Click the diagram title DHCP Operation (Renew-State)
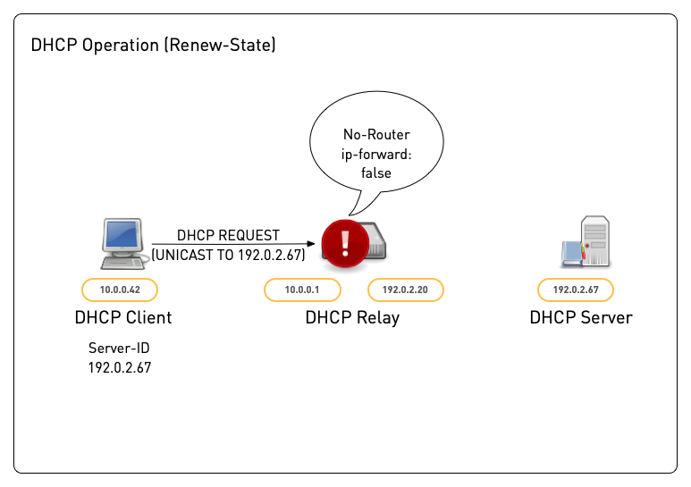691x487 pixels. coord(153,46)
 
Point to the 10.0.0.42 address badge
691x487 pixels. coord(119,290)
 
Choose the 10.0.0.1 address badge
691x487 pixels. coord(301,290)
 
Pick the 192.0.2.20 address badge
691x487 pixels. coord(406,290)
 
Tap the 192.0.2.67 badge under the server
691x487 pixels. coord(576,290)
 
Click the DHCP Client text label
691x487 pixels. coord(123,317)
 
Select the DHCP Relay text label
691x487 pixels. coord(352,317)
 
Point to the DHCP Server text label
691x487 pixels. coord(580,317)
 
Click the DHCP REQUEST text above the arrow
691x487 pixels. coord(228,236)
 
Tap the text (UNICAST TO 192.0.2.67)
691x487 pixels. coord(229,255)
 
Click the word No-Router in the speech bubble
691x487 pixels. coord(376,136)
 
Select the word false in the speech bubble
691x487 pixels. coord(376,172)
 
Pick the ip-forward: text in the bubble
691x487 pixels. coord(376,154)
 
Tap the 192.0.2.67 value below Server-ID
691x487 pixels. coord(119,367)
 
